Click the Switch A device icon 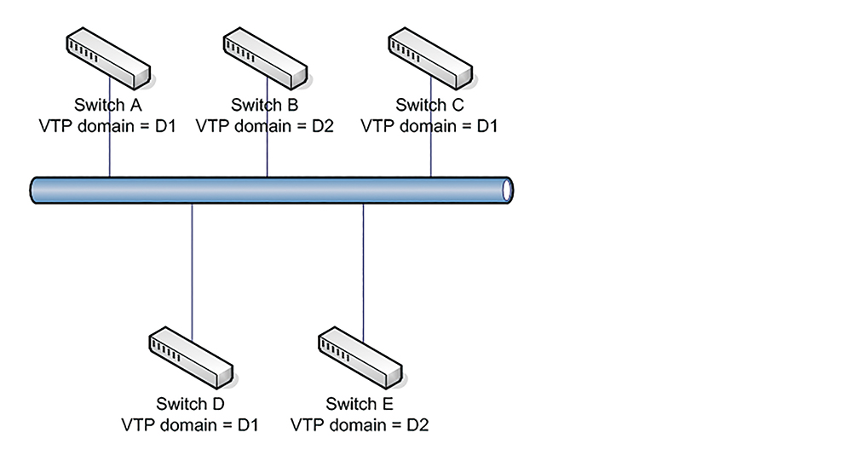pos(108,59)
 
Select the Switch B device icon pos(265,59)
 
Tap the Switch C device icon pos(430,59)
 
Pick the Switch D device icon pos(191,358)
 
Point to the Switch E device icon pos(360,358)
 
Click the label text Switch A pos(107,105)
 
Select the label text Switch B pos(265,105)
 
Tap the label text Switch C pos(429,105)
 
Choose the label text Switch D pos(190,404)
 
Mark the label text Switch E pos(360,404)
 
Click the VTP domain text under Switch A pos(107,126)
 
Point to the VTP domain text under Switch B pos(265,126)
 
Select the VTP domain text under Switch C pos(429,126)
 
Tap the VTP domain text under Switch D pos(190,424)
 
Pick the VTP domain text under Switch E pos(360,424)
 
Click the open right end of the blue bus pos(508,190)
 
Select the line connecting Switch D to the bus pos(192,272)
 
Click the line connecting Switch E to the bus pos(363,273)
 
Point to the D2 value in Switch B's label pos(323,126)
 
